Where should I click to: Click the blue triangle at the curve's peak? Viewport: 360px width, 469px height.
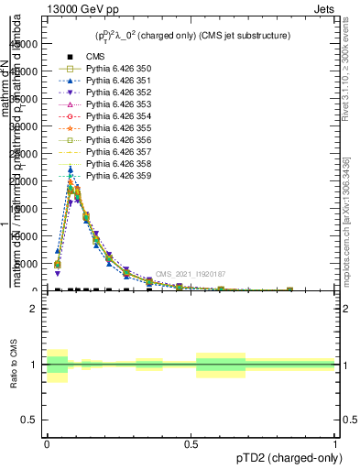coord(71,169)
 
